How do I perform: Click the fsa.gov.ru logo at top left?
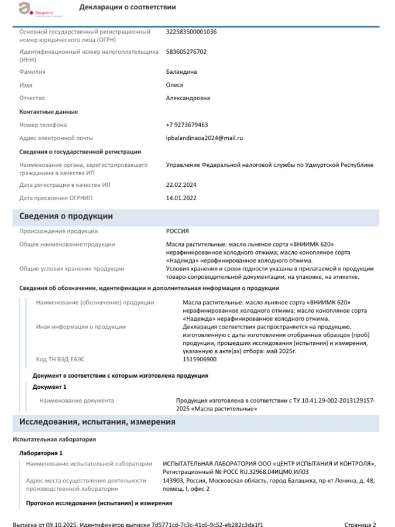(35, 9)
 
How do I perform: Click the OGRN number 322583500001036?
(191, 32)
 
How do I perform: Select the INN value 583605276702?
(186, 52)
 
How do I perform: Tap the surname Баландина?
(181, 72)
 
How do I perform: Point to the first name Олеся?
(175, 85)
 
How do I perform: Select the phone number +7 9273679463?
(187, 125)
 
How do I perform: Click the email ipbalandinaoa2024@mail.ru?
(204, 138)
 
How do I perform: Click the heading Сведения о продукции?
(66, 217)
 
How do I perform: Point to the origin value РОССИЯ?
(177, 231)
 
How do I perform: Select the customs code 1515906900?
(200, 360)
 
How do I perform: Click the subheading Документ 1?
(49, 387)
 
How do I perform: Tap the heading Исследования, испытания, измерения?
(97, 422)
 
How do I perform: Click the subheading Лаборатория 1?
(41, 453)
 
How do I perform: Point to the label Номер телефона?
(43, 125)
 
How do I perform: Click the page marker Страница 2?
(360, 525)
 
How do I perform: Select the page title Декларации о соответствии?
(127, 7)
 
